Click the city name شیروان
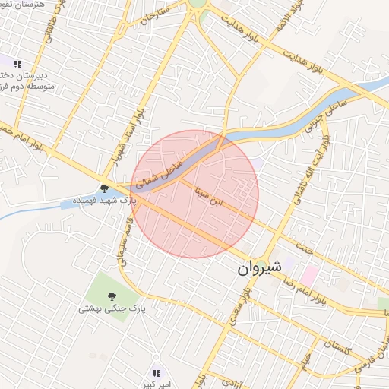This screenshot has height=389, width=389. tap(259, 268)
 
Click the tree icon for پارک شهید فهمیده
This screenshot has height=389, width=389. tap(104, 188)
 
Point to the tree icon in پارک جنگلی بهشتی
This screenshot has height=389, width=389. tap(112, 296)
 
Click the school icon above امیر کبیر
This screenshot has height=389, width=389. tap(157, 372)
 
